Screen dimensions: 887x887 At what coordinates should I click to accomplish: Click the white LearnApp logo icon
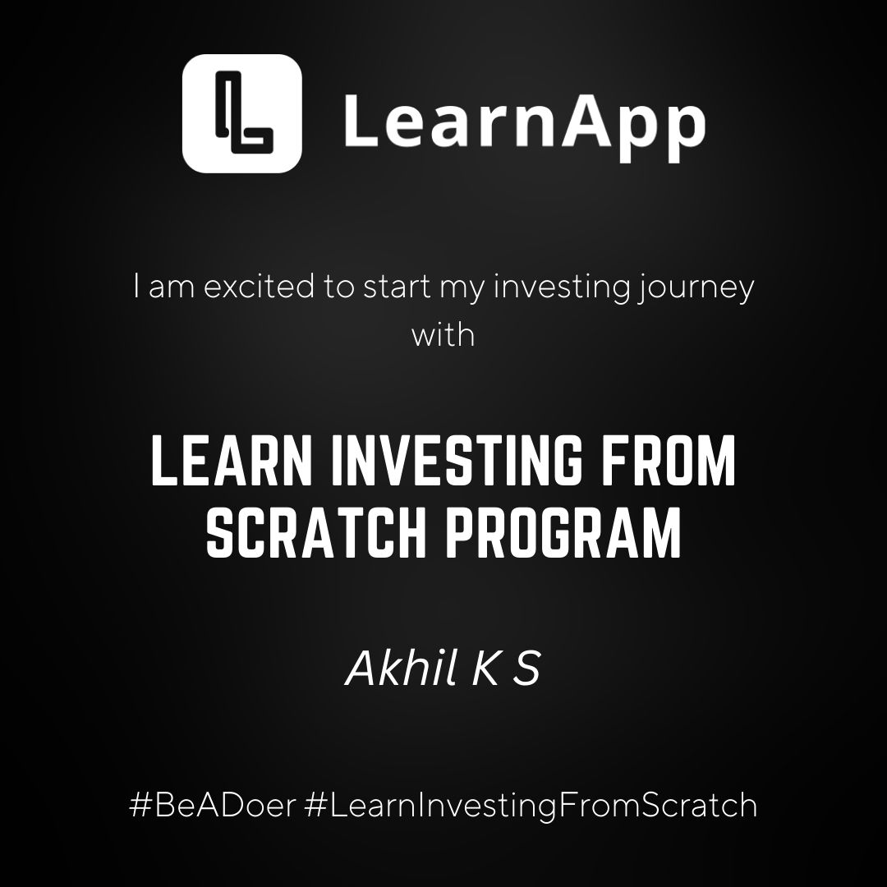click(x=242, y=113)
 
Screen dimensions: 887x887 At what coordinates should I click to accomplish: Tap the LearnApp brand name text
click(x=524, y=126)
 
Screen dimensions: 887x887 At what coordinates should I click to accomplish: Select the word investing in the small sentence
click(x=562, y=287)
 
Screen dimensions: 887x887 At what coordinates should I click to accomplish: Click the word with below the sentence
click(x=443, y=335)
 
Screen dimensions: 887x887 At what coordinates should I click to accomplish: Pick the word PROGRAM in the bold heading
click(x=563, y=531)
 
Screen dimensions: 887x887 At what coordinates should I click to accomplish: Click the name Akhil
click(x=402, y=668)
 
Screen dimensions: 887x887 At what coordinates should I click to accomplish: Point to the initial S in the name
click(x=526, y=669)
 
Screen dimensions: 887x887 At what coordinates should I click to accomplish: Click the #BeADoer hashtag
click(x=213, y=805)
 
